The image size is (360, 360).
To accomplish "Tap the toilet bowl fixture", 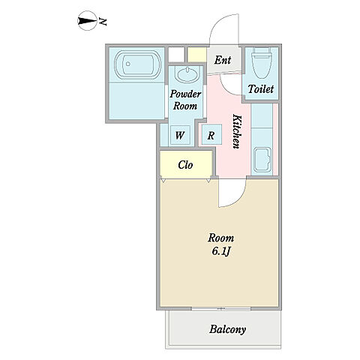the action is point(262,63).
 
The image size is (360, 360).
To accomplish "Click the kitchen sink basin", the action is point(262,159).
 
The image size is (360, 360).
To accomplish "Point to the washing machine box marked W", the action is point(180,135).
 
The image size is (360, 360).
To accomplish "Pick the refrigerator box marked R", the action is point(211,135).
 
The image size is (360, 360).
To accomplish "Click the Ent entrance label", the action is point(223,60).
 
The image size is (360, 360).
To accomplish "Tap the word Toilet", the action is point(261,88).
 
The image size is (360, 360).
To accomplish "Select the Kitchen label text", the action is point(237,131).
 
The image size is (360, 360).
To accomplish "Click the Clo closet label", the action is point(185,165).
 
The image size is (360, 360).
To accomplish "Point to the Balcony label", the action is point(227,329).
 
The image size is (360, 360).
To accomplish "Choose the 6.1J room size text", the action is point(221,251).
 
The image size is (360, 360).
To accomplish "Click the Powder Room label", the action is point(185,100).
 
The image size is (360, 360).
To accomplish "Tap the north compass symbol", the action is point(87,21).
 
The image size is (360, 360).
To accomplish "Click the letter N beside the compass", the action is point(103,22).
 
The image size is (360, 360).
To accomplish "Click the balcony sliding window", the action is point(221,309).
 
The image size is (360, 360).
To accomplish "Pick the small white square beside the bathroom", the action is point(176,54).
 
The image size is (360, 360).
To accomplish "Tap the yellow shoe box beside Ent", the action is point(197,55).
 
